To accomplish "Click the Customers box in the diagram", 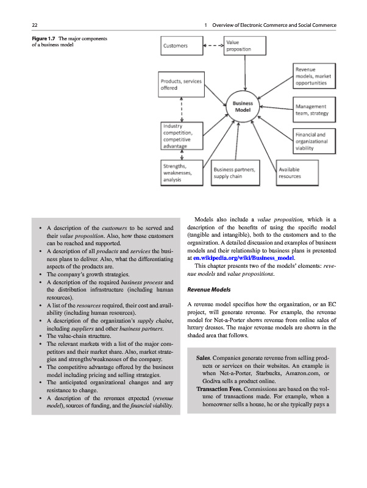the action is [x=182, y=46].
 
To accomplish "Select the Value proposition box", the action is [x=245, y=46].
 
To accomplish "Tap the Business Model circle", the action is [x=243, y=106].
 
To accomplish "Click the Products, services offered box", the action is [x=181, y=84].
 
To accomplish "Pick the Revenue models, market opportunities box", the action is [x=314, y=76].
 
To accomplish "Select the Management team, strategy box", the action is [x=314, y=110].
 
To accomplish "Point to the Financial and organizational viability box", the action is [x=314, y=141].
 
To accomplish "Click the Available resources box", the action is [x=298, y=173].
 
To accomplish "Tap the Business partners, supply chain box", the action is [x=235, y=173].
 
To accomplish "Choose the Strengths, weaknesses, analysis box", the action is [x=182, y=173].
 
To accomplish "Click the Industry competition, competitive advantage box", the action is [x=182, y=135].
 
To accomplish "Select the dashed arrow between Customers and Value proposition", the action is [x=213, y=45].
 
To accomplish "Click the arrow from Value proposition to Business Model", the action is [x=245, y=73].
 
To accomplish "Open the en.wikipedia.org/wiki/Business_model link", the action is [x=243, y=258].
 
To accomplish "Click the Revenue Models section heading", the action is [x=209, y=290].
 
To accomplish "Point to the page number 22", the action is [x=35, y=25].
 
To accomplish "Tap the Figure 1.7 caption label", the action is [x=43, y=38].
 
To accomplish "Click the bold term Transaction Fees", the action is [x=219, y=389].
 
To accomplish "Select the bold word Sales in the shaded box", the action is [x=204, y=358].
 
